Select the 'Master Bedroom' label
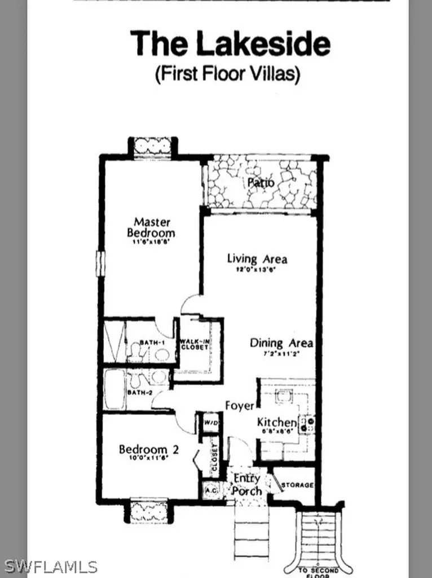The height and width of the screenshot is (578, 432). (x=151, y=227)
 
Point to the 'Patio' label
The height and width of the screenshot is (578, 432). (x=261, y=182)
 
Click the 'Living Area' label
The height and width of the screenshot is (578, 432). (x=257, y=259)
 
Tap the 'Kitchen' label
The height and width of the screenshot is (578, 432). (x=276, y=423)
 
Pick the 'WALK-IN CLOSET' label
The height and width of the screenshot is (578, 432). (x=195, y=344)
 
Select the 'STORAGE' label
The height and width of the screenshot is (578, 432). (x=297, y=485)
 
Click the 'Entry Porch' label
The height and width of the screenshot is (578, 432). (x=248, y=484)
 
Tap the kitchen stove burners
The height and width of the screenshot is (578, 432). (x=307, y=423)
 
